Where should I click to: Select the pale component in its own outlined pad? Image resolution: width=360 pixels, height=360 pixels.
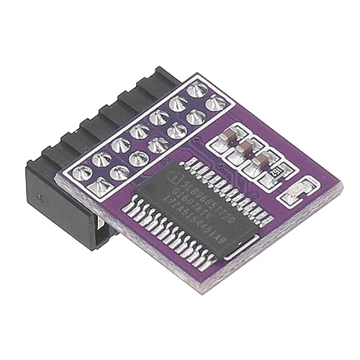point(300,191)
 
